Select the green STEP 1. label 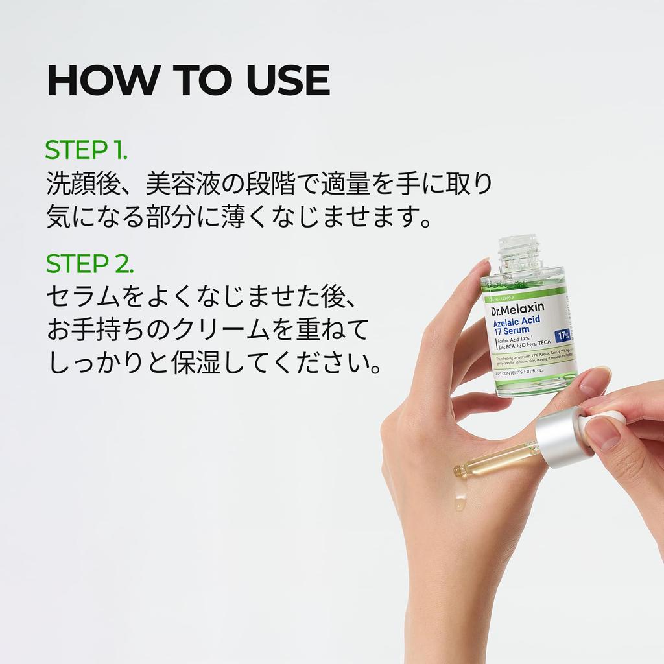click(86, 150)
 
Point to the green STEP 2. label click(89, 264)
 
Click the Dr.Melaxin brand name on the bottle click(518, 309)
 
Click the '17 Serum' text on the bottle click(512, 332)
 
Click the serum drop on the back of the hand click(459, 500)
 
